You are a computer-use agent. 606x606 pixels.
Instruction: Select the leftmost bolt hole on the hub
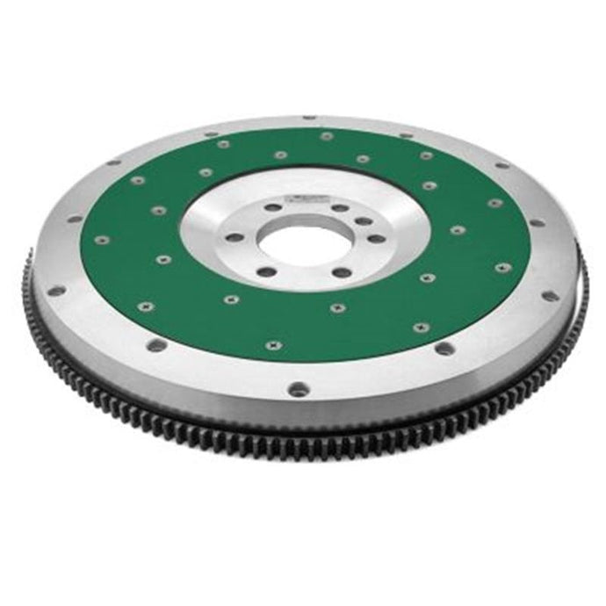pos(233,237)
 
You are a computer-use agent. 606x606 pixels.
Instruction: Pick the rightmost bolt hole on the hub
pos(377,238)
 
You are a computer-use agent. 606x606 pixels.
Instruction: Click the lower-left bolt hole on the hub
pos(266,271)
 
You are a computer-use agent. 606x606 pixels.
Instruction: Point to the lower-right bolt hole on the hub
pos(341,272)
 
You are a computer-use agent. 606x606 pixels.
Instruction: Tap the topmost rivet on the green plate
pos(327,136)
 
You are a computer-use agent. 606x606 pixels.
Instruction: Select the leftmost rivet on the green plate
pos(101,239)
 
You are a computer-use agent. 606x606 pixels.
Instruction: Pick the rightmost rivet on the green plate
pos(503,267)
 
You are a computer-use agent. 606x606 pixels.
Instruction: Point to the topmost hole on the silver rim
pos(309,117)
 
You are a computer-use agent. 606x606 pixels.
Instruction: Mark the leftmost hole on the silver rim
pos(55,290)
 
